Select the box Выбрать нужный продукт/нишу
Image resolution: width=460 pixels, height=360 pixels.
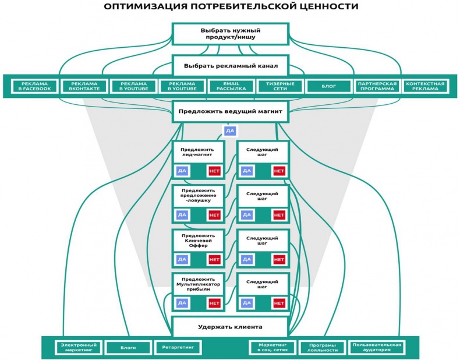tap(230, 33)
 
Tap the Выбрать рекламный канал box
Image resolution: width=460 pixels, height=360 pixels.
tap(230, 65)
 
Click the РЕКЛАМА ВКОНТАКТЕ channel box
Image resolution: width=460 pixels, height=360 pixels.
tap(84, 87)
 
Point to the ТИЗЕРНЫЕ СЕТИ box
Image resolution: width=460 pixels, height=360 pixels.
tap(280, 87)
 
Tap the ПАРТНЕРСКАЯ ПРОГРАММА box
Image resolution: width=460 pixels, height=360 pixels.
tap(377, 87)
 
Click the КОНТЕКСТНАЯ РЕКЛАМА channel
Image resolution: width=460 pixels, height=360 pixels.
tap(425, 87)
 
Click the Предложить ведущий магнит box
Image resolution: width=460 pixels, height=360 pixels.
tap(230, 111)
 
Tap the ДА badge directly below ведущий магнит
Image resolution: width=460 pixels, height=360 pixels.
tap(229, 131)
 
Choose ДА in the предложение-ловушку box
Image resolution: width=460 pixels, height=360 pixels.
tap(182, 215)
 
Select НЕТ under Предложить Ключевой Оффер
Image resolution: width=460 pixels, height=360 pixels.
tap(214, 259)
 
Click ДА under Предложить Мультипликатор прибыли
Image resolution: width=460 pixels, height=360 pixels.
tap(182, 303)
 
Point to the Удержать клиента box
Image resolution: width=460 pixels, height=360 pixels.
tap(230, 327)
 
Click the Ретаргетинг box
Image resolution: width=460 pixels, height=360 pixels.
tap(178, 347)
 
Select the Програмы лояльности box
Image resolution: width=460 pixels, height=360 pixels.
tap(322, 347)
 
